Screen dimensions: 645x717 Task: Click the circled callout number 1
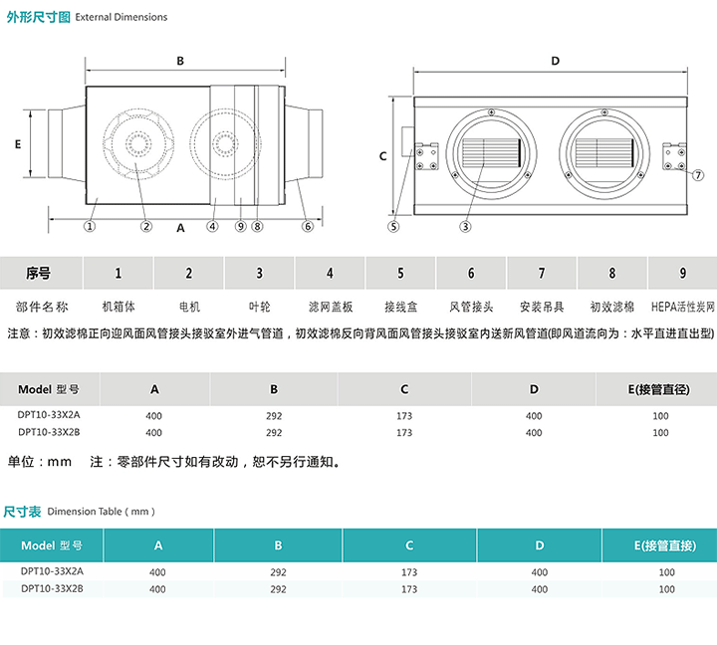(90, 226)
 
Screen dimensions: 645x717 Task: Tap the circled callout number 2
(146, 226)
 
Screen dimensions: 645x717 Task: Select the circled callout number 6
(308, 226)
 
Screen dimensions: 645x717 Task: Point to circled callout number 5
(393, 226)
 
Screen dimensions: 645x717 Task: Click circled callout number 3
(465, 226)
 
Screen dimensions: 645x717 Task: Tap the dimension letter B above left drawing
(180, 61)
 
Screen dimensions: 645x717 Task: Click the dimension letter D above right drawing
(555, 61)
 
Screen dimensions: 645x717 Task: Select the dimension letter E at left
(18, 143)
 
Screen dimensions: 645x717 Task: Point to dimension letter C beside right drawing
(382, 156)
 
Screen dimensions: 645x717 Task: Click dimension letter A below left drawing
(180, 227)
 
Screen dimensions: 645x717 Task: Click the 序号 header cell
(39, 273)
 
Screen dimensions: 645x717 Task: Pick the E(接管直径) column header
(661, 389)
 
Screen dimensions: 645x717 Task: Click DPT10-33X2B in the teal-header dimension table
(52, 589)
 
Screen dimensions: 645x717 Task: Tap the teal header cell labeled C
(409, 545)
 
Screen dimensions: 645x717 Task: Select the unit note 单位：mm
(41, 462)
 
